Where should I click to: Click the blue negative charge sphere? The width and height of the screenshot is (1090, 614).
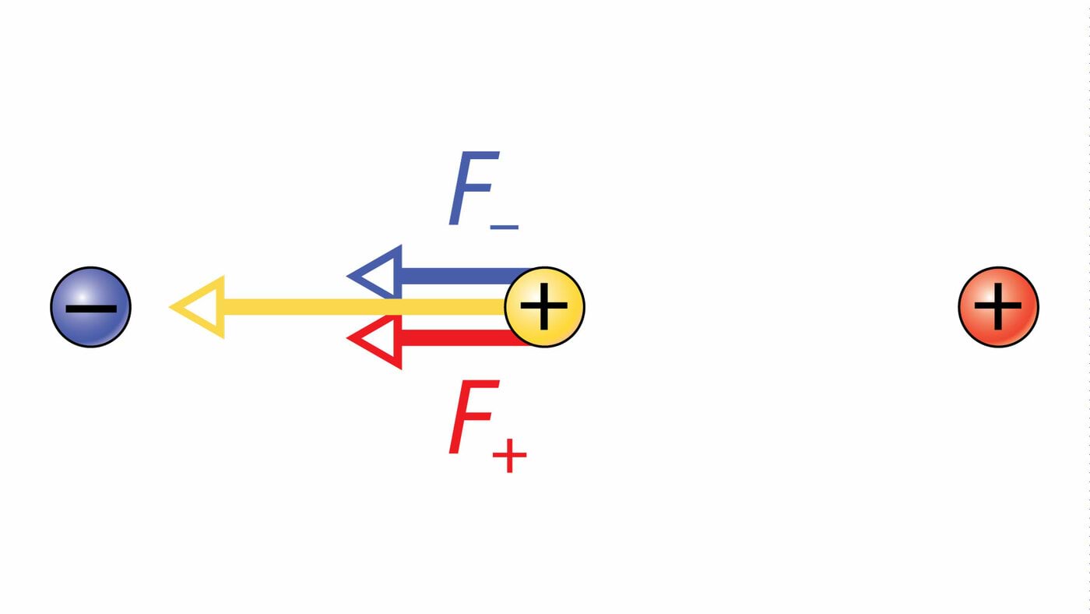[91, 307]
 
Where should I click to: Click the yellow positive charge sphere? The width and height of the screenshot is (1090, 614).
[544, 307]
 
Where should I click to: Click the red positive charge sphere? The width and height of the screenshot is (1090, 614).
[998, 307]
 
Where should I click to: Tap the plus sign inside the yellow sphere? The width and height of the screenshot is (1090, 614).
[544, 307]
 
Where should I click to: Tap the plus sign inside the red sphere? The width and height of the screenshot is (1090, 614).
[998, 307]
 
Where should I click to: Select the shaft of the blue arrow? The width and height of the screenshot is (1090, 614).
[459, 276]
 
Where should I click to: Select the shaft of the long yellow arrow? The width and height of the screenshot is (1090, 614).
[358, 307]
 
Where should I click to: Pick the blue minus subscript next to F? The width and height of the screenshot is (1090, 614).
[505, 227]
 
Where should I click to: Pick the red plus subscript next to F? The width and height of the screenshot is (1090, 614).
[509, 456]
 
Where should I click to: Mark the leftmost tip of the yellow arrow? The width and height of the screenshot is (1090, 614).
[171, 307]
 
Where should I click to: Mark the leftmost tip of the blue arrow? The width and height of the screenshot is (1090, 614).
[349, 276]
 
